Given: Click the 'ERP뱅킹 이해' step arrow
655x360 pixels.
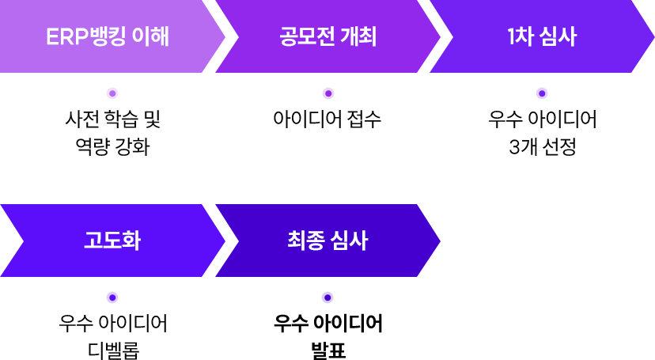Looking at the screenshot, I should click(107, 36).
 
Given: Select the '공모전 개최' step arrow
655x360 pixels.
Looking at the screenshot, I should click(327, 36).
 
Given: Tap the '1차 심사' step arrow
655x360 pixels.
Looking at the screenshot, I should click(542, 36).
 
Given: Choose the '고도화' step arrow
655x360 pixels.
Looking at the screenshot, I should click(112, 241).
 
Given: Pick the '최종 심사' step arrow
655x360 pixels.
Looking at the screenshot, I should click(327, 241).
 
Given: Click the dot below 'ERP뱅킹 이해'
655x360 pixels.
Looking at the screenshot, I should click(112, 93).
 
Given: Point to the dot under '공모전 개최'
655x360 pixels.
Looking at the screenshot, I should click(327, 93).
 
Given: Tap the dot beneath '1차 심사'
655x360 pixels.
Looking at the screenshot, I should click(542, 93).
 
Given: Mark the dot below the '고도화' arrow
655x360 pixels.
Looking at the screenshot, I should click(112, 297).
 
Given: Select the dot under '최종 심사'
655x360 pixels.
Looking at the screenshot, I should click(327, 297).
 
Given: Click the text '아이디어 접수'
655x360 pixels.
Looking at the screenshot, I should click(327, 120).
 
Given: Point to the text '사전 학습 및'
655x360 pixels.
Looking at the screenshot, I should click(112, 120).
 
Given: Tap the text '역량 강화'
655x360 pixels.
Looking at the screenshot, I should click(112, 147).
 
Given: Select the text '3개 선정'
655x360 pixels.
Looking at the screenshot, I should click(542, 147).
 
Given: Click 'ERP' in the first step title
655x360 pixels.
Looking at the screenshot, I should click(66, 36).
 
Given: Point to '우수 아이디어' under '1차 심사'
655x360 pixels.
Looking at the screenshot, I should click(542, 120).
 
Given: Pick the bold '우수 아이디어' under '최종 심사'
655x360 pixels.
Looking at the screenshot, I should click(327, 324).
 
